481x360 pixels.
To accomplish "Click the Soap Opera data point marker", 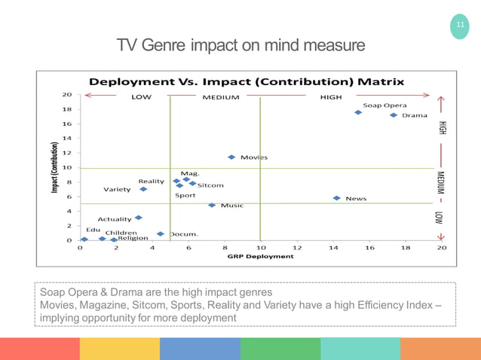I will (358, 112).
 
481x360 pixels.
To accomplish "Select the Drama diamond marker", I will (394, 115).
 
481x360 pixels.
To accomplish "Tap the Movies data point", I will (231, 157).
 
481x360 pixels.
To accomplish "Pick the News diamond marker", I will (336, 198).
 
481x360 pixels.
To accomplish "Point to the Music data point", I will (212, 205).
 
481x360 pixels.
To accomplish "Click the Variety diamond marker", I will (143, 189).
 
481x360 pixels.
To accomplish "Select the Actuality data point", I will (138, 218).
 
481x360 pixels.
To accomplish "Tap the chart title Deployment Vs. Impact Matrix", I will (247, 81).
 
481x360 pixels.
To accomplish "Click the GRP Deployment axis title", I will (260, 256).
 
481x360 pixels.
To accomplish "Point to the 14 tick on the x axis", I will (333, 247).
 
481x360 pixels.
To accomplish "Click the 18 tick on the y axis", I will (67, 109).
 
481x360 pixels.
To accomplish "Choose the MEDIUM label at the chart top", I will (220, 97).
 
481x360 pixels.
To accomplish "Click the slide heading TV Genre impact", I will (240, 46).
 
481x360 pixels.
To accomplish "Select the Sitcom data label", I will (210, 185).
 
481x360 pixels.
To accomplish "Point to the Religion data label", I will (133, 238).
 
